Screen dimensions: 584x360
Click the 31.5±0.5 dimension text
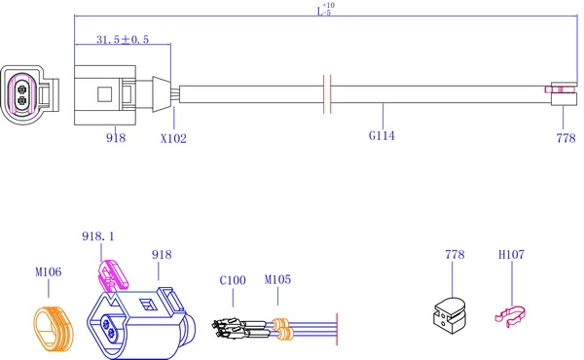[x=123, y=39]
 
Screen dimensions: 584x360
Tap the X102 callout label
[x=173, y=138]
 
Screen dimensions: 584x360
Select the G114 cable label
[x=382, y=135]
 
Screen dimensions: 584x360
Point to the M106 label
[x=49, y=271]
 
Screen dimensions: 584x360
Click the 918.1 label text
[x=98, y=236]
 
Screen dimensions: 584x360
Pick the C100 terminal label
[x=233, y=280]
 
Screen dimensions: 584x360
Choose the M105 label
[x=277, y=279]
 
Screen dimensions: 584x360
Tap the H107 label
[x=511, y=254]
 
